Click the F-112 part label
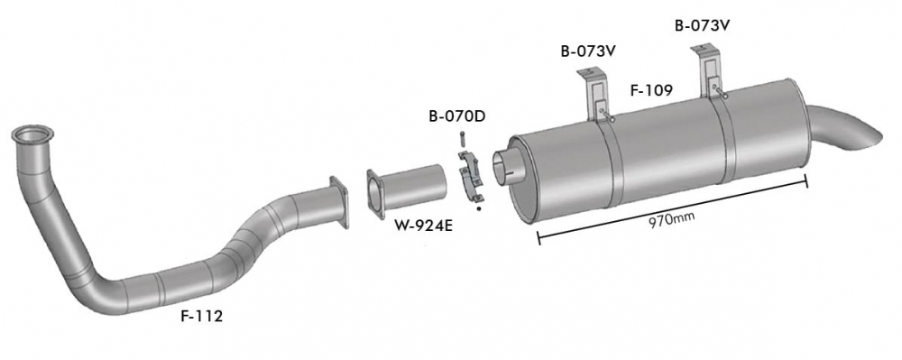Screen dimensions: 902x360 [202, 317]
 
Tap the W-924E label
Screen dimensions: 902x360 [424, 226]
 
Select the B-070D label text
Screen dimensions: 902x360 [457, 116]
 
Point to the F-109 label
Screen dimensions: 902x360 [651, 90]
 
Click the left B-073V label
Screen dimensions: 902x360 [588, 51]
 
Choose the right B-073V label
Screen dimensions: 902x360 [703, 26]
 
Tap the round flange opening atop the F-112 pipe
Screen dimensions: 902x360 [32, 134]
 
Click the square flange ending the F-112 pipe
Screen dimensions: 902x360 [339, 202]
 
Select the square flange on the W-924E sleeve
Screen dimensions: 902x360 [375, 194]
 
